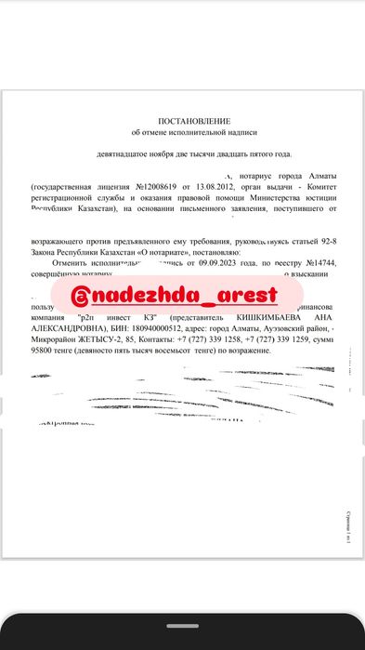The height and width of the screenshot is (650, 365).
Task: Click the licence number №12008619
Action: tap(161, 186)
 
